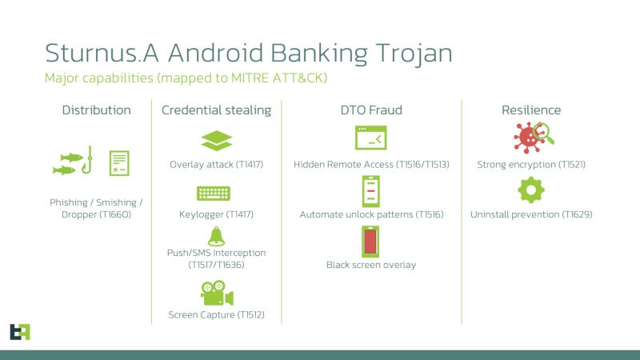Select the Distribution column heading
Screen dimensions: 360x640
tap(96, 110)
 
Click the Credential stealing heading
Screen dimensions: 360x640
tap(216, 110)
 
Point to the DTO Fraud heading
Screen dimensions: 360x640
tap(370, 110)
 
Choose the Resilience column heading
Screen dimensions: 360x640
tap(530, 110)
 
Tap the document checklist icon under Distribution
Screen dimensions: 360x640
tap(119, 162)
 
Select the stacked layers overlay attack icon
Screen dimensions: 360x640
tap(216, 140)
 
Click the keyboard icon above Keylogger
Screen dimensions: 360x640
tap(214, 193)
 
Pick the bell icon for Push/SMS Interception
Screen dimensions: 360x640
tap(216, 236)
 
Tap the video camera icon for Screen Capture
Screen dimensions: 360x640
tap(216, 294)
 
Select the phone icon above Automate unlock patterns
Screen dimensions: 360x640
tap(370, 191)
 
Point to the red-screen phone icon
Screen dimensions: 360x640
tap(370, 242)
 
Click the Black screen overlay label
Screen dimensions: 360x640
tap(370, 265)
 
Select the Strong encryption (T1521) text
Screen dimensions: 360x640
tap(530, 165)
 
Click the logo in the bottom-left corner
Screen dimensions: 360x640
tap(19, 331)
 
